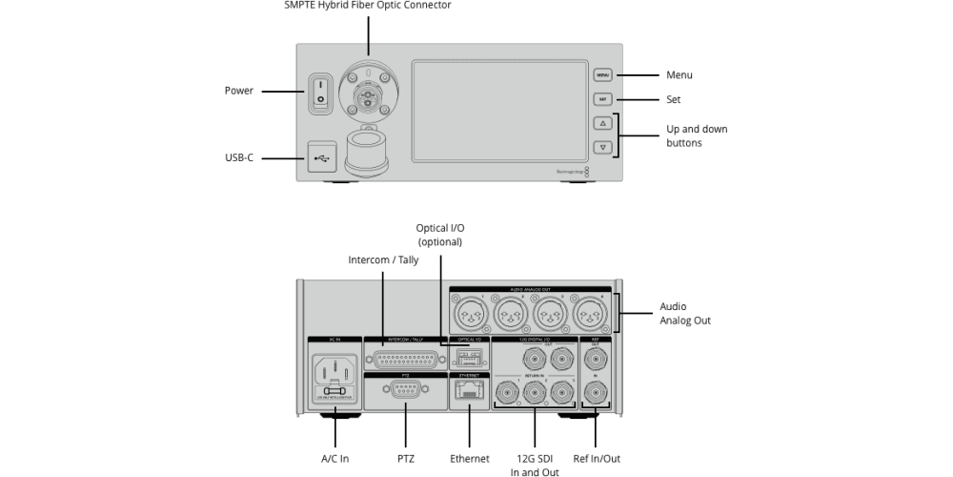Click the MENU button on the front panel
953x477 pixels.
pyautogui.click(x=602, y=74)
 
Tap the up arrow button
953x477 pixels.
pyautogui.click(x=602, y=123)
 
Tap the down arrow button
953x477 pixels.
pyautogui.click(x=602, y=147)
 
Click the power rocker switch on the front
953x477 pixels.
pyautogui.click(x=320, y=92)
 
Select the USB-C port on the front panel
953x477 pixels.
pyautogui.click(x=320, y=157)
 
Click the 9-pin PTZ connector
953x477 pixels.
pyautogui.click(x=405, y=392)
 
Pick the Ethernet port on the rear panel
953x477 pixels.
pyautogui.click(x=470, y=393)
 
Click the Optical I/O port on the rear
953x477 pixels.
pyautogui.click(x=468, y=357)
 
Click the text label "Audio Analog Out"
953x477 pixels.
pyautogui.click(x=685, y=314)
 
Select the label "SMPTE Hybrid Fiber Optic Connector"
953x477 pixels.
pyautogui.click(x=367, y=6)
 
